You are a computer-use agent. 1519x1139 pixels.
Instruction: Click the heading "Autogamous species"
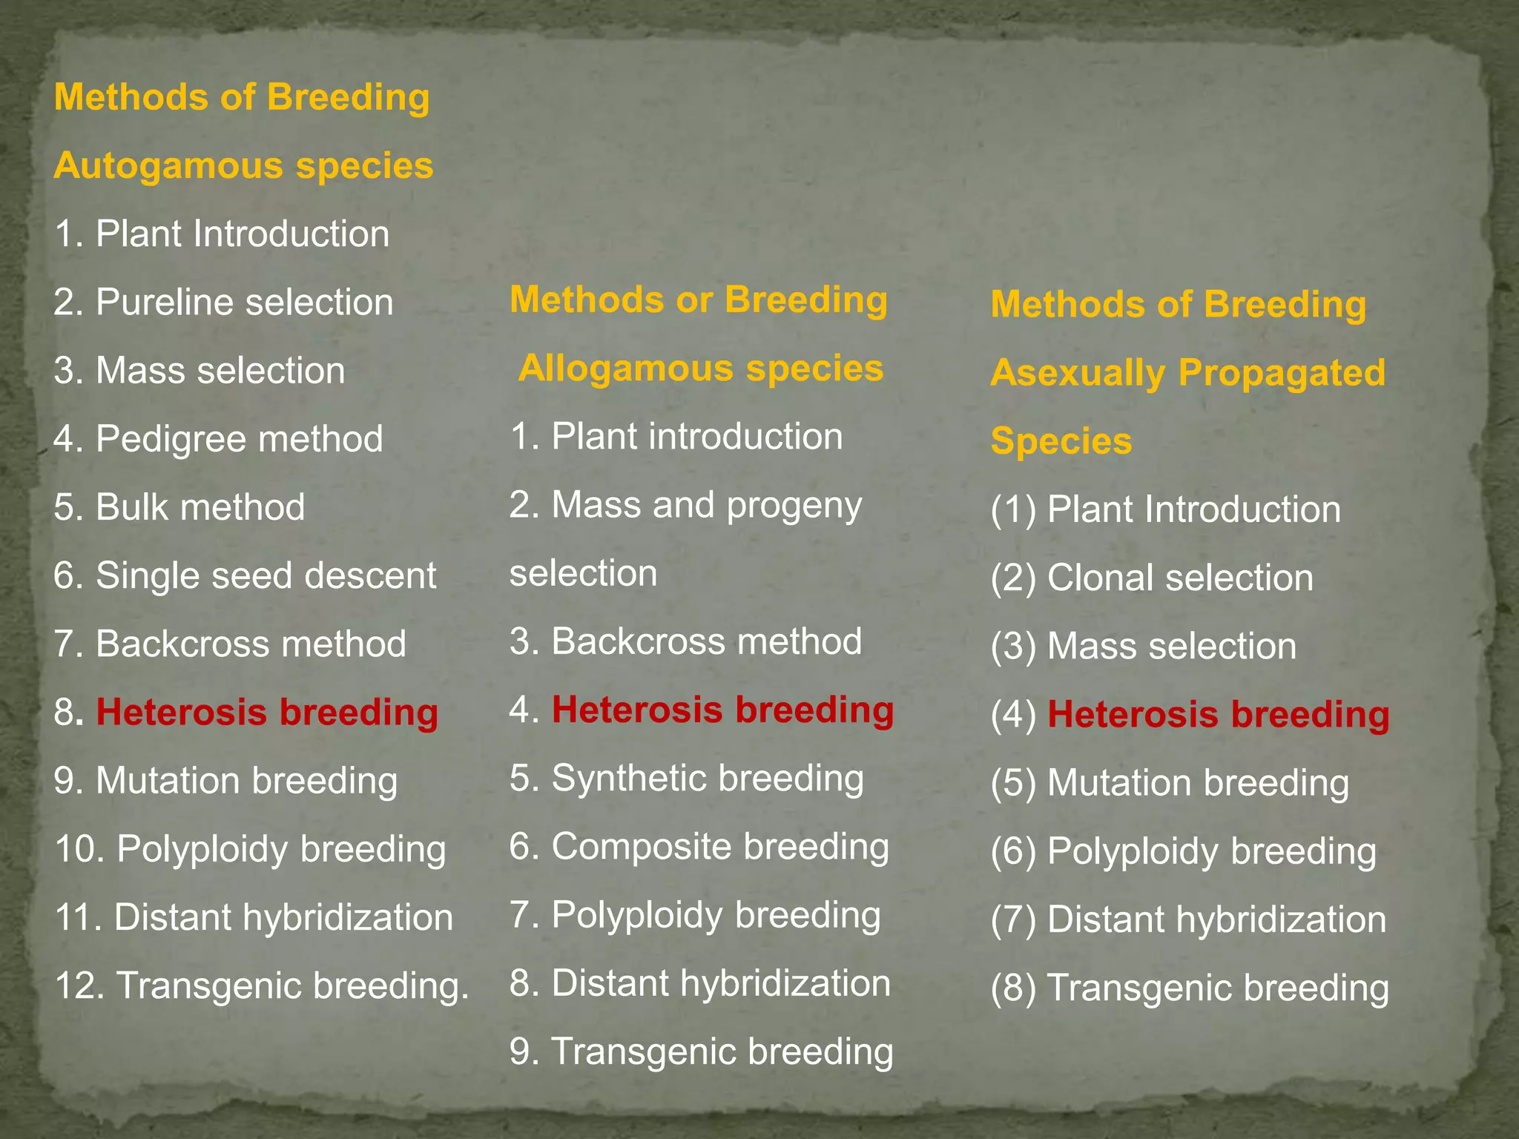click(x=243, y=165)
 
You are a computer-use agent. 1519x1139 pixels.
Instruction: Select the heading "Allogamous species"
click(x=701, y=368)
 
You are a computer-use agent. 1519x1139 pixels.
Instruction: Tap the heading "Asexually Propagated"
click(x=1187, y=372)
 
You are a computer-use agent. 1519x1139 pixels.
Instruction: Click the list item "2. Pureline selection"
click(x=223, y=303)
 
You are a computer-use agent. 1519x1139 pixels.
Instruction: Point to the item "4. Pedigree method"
click(x=218, y=439)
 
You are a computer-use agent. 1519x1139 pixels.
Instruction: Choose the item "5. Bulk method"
click(x=179, y=507)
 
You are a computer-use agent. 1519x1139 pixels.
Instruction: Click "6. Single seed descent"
click(x=245, y=575)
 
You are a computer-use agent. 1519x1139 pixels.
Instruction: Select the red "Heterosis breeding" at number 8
click(x=267, y=712)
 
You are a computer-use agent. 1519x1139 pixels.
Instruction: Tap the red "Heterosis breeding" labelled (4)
click(x=1218, y=715)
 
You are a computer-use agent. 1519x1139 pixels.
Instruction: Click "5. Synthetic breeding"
click(x=686, y=779)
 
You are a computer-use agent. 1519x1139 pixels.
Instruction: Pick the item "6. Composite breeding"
click(x=699, y=847)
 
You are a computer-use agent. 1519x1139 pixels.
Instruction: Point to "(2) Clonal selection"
click(x=1152, y=578)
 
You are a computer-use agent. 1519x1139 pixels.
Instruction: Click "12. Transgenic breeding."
click(x=262, y=986)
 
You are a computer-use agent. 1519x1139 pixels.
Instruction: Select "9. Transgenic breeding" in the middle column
click(x=701, y=1051)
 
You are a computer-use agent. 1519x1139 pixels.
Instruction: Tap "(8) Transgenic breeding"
click(x=1190, y=988)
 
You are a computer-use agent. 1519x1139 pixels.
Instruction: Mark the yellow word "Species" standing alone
click(x=1061, y=441)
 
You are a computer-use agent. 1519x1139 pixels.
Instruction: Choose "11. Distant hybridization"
click(x=254, y=917)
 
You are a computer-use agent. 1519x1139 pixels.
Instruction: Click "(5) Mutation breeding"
click(x=1170, y=783)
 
